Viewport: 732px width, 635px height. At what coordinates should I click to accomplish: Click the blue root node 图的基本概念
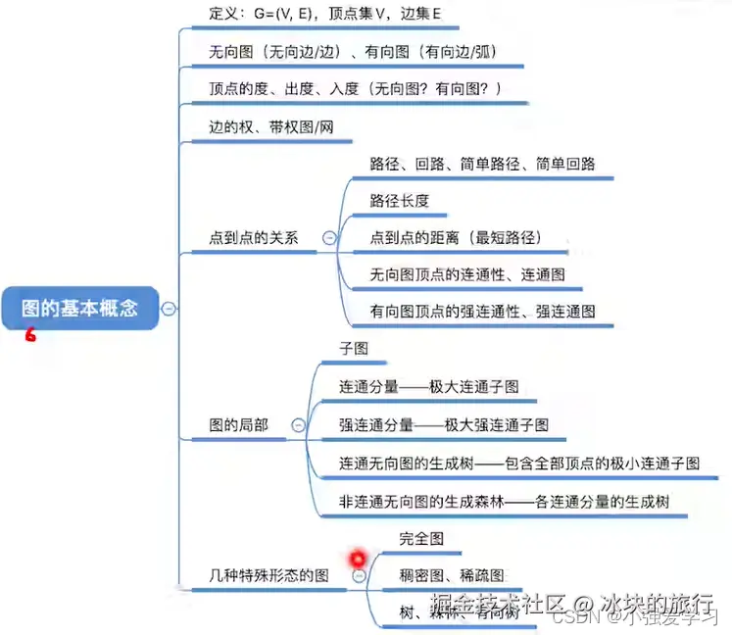tap(80, 308)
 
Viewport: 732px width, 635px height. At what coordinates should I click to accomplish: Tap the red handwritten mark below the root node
tap(30, 335)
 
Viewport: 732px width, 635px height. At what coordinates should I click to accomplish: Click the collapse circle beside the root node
tap(169, 308)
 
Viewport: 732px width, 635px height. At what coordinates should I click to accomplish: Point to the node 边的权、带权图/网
tap(265, 126)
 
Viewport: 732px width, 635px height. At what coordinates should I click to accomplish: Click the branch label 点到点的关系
tap(254, 237)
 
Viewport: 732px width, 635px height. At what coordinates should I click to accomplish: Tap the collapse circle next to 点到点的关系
tap(329, 237)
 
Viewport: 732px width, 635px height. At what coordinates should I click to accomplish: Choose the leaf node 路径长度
tap(400, 201)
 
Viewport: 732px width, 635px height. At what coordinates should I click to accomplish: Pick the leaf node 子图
tap(354, 348)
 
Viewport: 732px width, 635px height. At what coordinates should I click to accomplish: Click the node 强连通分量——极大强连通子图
tap(444, 424)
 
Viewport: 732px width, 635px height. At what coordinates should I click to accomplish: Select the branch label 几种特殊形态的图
tap(269, 574)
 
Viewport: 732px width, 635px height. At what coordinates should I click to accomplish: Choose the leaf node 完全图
tap(422, 539)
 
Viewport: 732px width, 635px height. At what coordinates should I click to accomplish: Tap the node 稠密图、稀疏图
tap(452, 574)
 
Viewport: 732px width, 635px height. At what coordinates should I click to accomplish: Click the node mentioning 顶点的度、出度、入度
tap(356, 89)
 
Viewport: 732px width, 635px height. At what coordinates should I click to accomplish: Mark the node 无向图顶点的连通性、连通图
tap(467, 274)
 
